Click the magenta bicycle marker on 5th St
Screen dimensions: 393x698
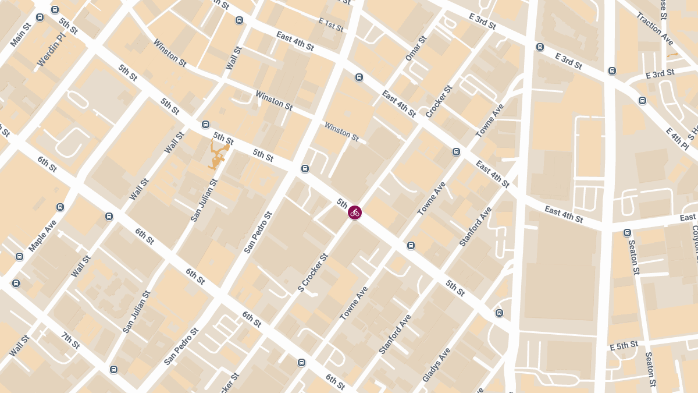(355, 213)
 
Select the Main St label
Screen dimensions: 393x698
(21, 35)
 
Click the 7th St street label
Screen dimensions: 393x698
(70, 341)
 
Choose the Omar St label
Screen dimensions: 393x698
(416, 48)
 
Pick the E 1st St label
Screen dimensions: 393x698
(331, 24)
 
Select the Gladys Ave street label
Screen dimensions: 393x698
(436, 364)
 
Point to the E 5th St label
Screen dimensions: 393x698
(624, 346)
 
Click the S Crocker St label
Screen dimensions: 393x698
(313, 272)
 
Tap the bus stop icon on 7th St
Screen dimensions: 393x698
(113, 369)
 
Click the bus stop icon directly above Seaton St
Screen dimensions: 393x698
(627, 233)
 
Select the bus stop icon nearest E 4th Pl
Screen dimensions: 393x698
(642, 100)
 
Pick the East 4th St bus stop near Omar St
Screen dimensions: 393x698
(359, 77)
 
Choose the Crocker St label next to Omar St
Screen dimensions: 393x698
(439, 102)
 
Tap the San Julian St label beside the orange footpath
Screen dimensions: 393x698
(204, 200)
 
